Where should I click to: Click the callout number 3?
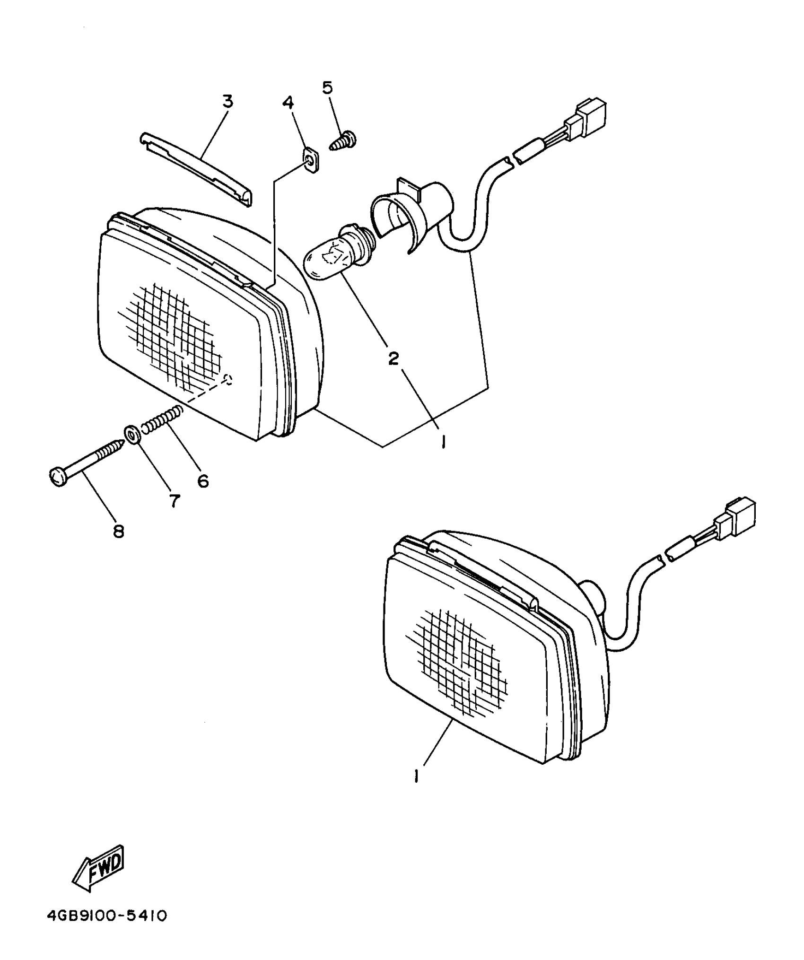[228, 102]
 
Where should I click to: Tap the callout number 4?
[288, 102]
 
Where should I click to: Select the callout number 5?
[327, 87]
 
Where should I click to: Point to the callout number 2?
[393, 359]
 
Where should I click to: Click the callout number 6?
[202, 481]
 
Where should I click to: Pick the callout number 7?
[175, 500]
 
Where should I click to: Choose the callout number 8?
[118, 531]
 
